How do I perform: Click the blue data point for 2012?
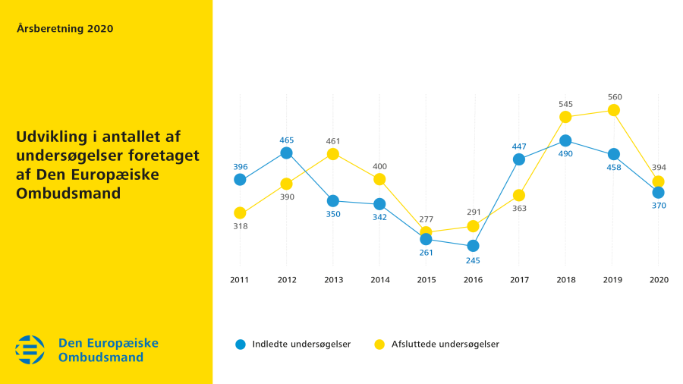tap(286, 153)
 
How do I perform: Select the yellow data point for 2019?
tap(613, 111)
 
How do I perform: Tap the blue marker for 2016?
tap(473, 246)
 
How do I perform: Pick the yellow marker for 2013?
tap(333, 154)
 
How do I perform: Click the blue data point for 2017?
tap(519, 159)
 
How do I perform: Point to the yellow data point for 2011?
tap(240, 212)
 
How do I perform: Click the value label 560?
tap(614, 97)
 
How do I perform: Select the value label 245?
tap(473, 260)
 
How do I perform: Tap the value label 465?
tap(287, 140)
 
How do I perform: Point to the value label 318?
tap(240, 226)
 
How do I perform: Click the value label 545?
tap(565, 104)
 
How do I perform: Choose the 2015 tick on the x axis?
tap(426, 280)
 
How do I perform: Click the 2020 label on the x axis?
tap(658, 280)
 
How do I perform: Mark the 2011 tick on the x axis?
tap(240, 280)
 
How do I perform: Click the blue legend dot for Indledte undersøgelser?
tap(241, 345)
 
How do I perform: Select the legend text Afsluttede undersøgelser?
tap(445, 345)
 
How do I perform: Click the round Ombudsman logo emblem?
tap(30, 349)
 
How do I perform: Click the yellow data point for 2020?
tap(658, 181)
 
